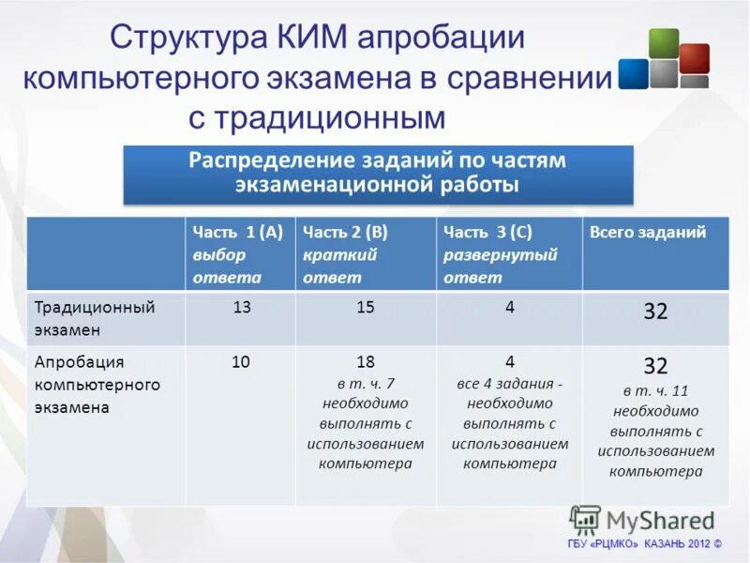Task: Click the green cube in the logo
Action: coord(663,42)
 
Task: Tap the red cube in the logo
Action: coord(694,57)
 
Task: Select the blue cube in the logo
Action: coord(634,74)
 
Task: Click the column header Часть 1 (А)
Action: coord(238,232)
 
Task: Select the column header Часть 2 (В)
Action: coord(345,232)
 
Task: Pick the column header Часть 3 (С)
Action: coord(487,232)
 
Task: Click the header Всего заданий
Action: coord(647,232)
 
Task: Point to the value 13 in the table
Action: coord(241,307)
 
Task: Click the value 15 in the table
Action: coord(365,307)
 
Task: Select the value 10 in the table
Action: coord(241,361)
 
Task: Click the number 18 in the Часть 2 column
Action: coord(365,362)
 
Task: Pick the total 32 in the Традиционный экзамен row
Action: coord(655,312)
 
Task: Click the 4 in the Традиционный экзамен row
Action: coord(509,307)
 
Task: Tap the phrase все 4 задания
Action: coord(509,384)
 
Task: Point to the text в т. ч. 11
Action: coord(655,390)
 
